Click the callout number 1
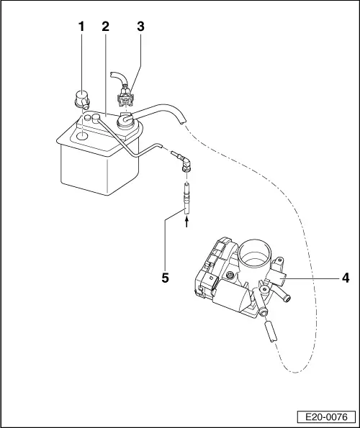[x=81, y=27]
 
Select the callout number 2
[x=105, y=27]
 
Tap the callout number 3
[x=140, y=27]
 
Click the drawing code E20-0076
[x=325, y=416]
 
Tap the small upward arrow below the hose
[x=186, y=224]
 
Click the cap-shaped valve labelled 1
[x=81, y=97]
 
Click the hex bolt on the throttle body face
[x=230, y=276]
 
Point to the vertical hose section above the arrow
[x=186, y=198]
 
